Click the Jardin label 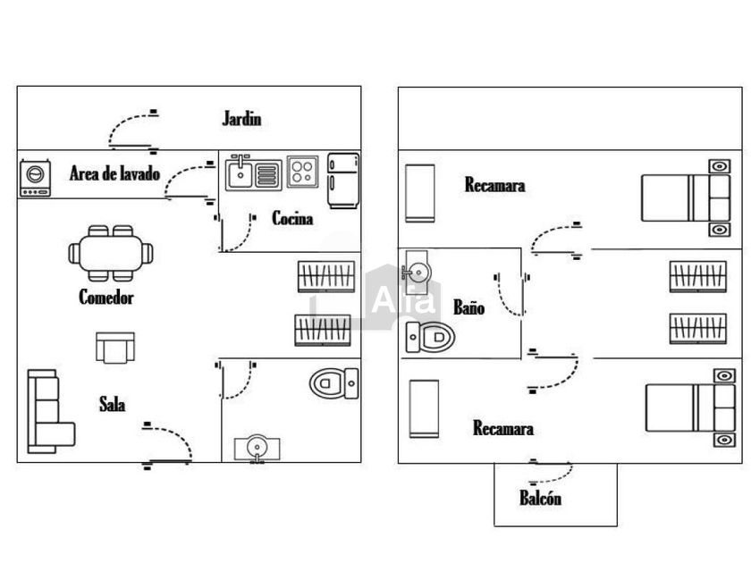click(x=241, y=118)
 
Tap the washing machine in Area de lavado click(x=35, y=177)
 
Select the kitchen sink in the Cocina click(x=253, y=172)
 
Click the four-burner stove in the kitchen click(x=302, y=172)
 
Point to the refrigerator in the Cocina click(x=342, y=181)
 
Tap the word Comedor click(x=105, y=298)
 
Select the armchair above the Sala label click(x=115, y=347)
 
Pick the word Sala click(x=112, y=405)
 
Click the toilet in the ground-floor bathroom click(x=333, y=383)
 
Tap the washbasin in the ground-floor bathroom click(x=257, y=447)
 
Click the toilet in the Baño click(x=430, y=337)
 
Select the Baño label click(x=468, y=307)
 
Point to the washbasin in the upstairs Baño click(x=417, y=271)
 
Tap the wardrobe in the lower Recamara click(x=424, y=408)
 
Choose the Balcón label click(x=540, y=499)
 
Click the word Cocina click(x=292, y=217)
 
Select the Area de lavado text click(x=114, y=173)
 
